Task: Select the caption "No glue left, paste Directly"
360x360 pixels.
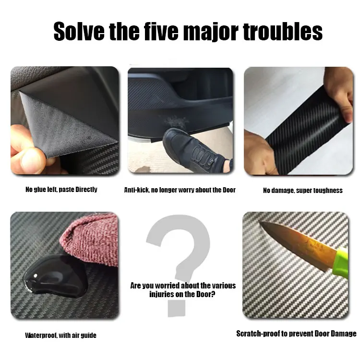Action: [61, 190]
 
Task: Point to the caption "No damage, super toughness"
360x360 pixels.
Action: [302, 191]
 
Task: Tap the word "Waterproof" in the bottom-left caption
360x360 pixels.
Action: [41, 336]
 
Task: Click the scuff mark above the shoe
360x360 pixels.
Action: [176, 122]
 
